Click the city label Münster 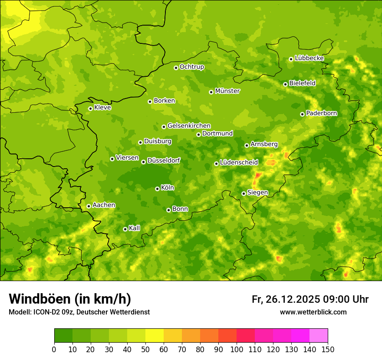point(227,91)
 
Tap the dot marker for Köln point(157,189)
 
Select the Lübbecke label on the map point(309,58)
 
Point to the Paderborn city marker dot point(302,114)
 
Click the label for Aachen point(104,205)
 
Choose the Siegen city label point(257,193)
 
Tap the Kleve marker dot point(90,108)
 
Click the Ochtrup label point(191,67)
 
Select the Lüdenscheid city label point(239,163)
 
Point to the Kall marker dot point(125,229)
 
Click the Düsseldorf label point(164,161)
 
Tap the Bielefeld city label point(302,83)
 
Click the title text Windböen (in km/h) point(69,299)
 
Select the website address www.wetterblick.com point(313,312)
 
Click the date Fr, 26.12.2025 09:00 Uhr point(310,299)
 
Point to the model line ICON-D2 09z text point(79,312)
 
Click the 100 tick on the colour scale point(237,350)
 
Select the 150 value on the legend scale point(328,350)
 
